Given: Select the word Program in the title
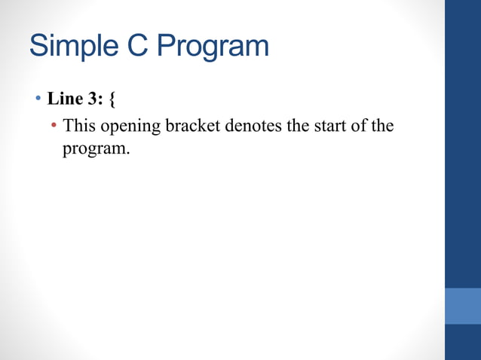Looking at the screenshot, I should (x=213, y=47).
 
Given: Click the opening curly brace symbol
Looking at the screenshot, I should (x=113, y=99).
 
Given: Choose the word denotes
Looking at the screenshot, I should (x=253, y=125).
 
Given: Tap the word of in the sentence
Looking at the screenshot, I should (x=363, y=125).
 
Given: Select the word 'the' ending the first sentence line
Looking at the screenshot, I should (x=384, y=125).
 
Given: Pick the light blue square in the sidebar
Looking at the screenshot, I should (x=463, y=305).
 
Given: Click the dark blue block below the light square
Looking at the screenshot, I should (x=463, y=342).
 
